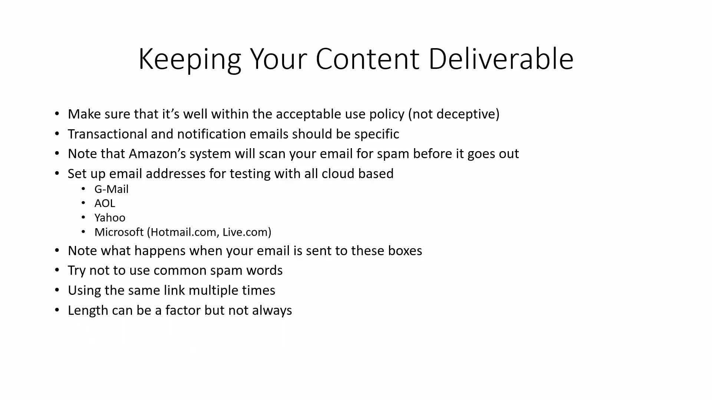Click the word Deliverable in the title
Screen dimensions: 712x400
(x=501, y=59)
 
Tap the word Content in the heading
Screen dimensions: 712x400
(x=367, y=59)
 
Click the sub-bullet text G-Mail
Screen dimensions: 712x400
(x=111, y=189)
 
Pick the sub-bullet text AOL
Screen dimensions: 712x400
(x=105, y=203)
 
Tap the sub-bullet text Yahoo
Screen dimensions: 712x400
(x=110, y=218)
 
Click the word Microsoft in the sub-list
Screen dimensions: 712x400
(x=119, y=232)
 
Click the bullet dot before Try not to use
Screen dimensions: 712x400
(x=57, y=270)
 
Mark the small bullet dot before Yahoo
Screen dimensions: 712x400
(x=83, y=218)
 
